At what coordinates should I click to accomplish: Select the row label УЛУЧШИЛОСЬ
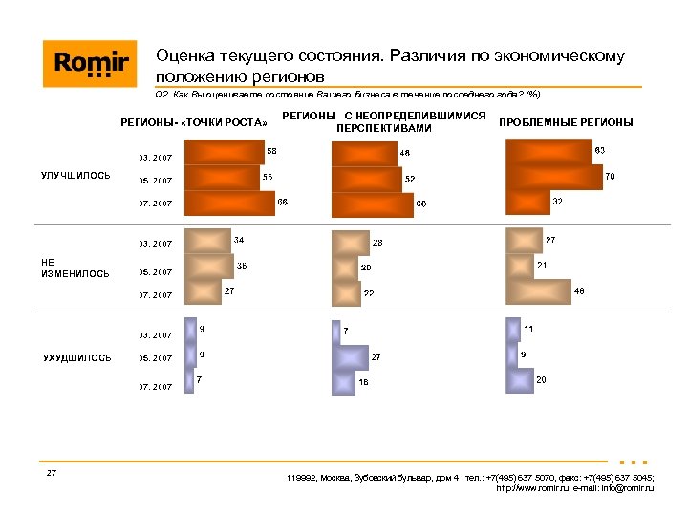coord(75,175)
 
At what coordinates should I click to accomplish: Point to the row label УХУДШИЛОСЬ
coord(77,357)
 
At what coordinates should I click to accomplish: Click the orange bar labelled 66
coord(228,204)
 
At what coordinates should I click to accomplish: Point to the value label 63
coord(600,151)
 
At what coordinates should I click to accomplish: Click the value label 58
coord(272,151)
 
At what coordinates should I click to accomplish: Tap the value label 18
coord(363,382)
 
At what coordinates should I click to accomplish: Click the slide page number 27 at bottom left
coord(52,473)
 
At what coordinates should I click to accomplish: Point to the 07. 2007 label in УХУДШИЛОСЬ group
coord(155,387)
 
